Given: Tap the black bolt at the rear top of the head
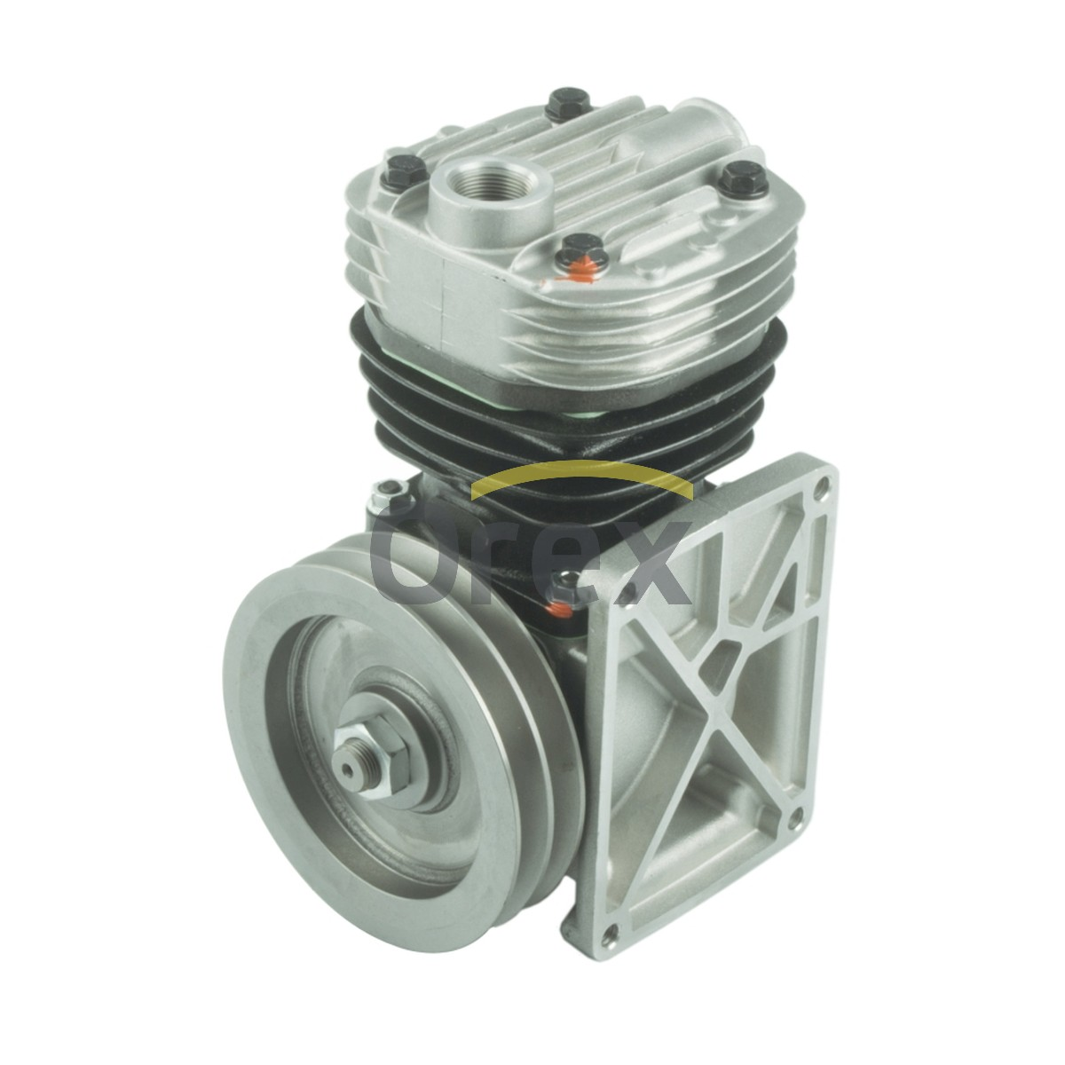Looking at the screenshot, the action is [567, 104].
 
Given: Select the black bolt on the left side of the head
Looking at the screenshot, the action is [405, 171].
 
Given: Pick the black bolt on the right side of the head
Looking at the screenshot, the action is [744, 178].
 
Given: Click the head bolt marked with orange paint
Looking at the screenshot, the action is [583, 256].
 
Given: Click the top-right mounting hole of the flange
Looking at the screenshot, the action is [820, 486].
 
